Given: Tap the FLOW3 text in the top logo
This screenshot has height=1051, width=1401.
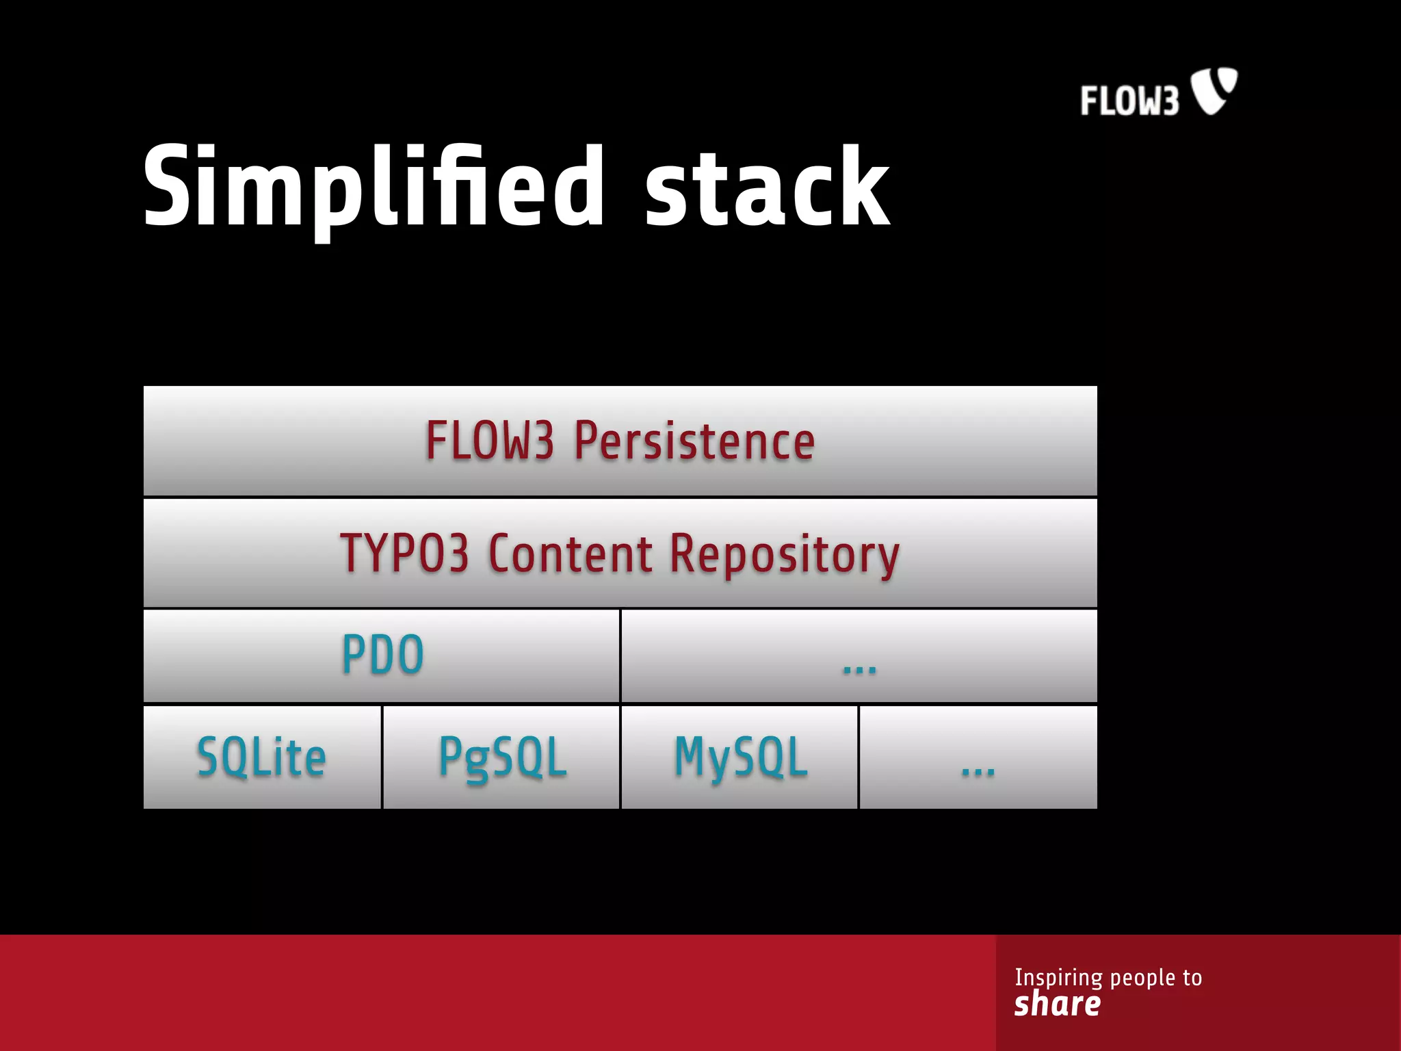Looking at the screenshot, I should pyautogui.click(x=1129, y=101).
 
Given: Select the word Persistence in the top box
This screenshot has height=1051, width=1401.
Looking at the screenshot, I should pyautogui.click(x=694, y=441).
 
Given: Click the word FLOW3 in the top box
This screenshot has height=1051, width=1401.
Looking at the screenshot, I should pyautogui.click(x=489, y=441).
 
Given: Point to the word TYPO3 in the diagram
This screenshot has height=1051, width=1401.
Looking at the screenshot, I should pyautogui.click(x=404, y=553).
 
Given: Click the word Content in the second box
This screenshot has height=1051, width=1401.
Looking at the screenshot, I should pyautogui.click(x=571, y=553).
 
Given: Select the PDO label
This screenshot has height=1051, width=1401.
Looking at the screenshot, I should pyautogui.click(x=382, y=655).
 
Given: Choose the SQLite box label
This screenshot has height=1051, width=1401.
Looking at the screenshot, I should pyautogui.click(x=261, y=757).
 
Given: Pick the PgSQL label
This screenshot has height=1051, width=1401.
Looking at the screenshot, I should pyautogui.click(x=503, y=758).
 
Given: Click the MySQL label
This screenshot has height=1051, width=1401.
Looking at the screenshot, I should pyautogui.click(x=741, y=757).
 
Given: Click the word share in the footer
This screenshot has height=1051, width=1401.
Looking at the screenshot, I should pyautogui.click(x=1057, y=1004).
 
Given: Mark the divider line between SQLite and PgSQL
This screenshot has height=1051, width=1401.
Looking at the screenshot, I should pyautogui.click(x=382, y=757).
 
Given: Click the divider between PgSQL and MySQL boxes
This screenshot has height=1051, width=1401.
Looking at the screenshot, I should pyautogui.click(x=620, y=757).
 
